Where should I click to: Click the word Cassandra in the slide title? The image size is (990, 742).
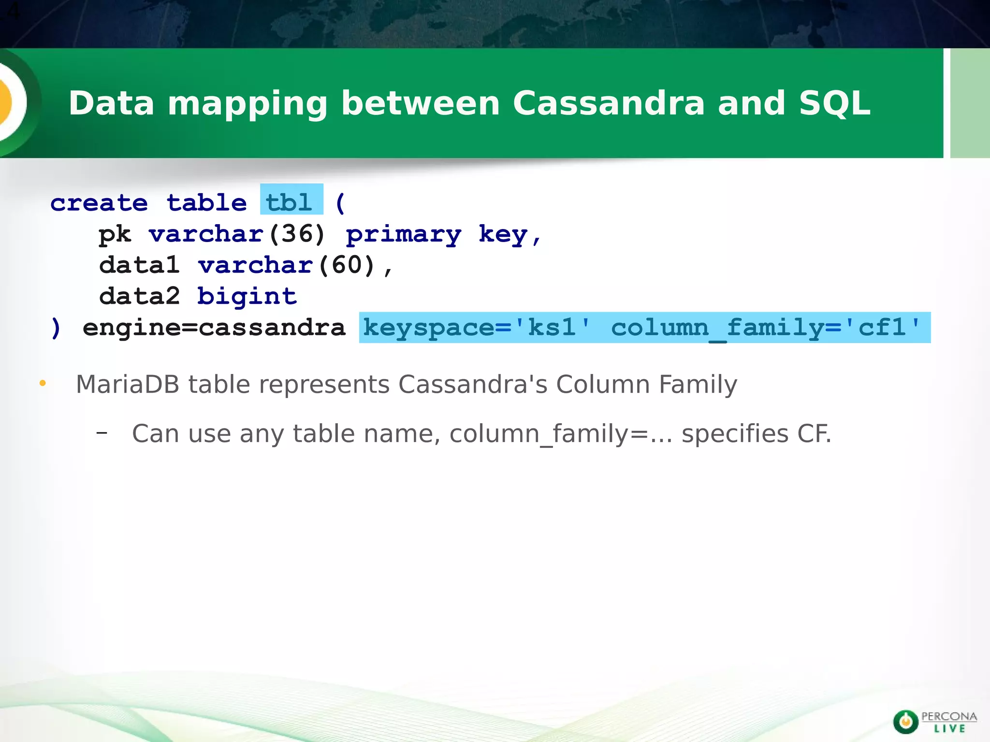click(x=609, y=103)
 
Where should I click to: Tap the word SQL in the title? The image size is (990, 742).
click(x=834, y=103)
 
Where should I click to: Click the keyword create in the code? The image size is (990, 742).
click(x=99, y=203)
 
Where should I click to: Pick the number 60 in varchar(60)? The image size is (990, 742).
click(x=347, y=265)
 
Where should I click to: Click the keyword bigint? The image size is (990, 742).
click(x=247, y=296)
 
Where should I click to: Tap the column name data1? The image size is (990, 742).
click(x=139, y=265)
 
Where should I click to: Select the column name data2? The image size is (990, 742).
click(x=139, y=296)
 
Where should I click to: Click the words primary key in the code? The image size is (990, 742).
click(x=437, y=235)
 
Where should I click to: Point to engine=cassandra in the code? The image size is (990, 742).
click(x=214, y=328)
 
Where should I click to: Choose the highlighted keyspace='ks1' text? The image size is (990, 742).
click(x=477, y=328)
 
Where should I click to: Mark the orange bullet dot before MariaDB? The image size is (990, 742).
click(x=43, y=384)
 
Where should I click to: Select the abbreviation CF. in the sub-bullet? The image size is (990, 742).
click(x=815, y=433)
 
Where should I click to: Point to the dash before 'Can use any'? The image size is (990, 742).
click(x=102, y=433)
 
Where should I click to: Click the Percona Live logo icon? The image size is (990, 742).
click(x=905, y=722)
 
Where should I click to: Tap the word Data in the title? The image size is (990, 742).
click(x=111, y=103)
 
